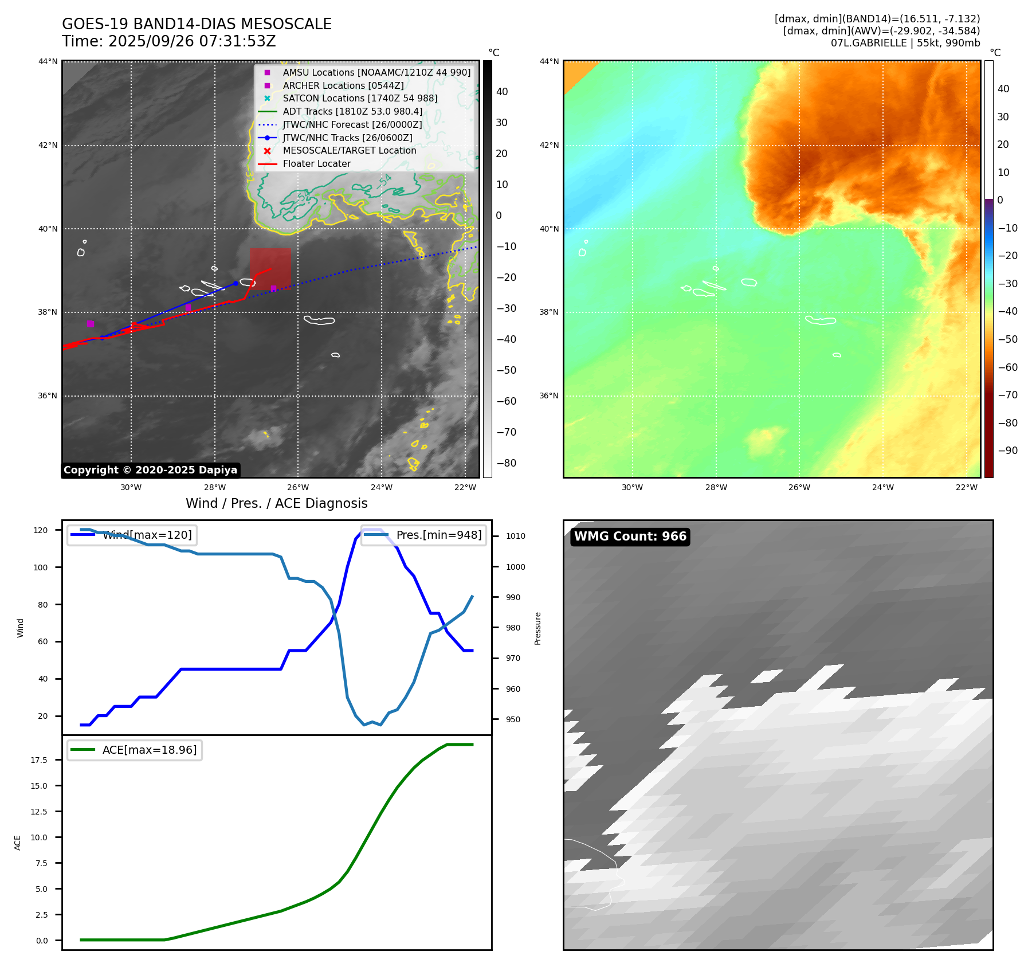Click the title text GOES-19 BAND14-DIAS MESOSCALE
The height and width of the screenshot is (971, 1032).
coord(197,24)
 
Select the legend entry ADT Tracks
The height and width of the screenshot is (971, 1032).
coord(352,111)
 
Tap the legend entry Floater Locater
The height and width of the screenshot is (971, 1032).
coord(316,163)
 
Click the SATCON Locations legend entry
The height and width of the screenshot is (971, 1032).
coord(359,98)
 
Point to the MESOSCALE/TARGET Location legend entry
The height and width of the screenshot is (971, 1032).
coord(349,150)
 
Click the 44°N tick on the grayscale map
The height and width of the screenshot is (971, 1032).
coord(48,61)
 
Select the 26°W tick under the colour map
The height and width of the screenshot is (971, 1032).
coord(799,487)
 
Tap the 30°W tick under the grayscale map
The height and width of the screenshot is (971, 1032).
coord(131,487)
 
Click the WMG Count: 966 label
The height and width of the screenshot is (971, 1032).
coord(630,537)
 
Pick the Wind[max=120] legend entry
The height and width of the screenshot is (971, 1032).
coord(147,535)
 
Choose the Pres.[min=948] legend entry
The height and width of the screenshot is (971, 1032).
coord(438,535)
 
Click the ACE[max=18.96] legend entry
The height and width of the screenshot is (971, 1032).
coord(149,750)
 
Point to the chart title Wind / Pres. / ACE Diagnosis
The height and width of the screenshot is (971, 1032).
coord(276,503)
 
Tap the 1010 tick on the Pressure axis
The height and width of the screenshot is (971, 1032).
coord(515,536)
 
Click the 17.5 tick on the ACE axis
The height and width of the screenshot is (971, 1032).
coord(39,760)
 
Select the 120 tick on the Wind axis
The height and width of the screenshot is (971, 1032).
coord(41,530)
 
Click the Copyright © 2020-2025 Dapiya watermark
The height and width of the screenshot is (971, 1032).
coord(150,470)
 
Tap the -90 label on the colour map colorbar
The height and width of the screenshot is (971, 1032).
coord(1007,451)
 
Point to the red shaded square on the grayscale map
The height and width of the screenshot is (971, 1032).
coord(270,267)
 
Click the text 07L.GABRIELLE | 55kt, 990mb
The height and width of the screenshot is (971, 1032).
coord(905,43)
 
